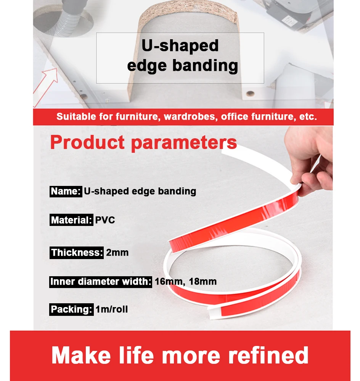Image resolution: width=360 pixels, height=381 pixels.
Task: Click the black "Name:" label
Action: [66, 192]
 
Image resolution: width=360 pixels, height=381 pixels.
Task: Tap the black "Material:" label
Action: [71, 220]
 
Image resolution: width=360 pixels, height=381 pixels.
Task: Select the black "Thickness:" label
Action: [76, 253]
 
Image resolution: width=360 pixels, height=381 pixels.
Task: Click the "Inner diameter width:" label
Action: [100, 282]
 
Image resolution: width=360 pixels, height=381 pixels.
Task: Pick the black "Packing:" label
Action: [71, 309]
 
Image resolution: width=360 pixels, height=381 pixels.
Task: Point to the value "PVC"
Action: [105, 220]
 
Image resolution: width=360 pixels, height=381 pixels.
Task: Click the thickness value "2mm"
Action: [117, 253]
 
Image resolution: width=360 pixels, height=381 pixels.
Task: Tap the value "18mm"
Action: [202, 282]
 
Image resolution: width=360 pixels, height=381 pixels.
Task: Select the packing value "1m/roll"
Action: [112, 309]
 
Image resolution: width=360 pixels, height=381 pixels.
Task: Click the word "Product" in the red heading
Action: [87, 142]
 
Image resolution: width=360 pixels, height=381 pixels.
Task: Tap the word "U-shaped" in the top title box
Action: [180, 46]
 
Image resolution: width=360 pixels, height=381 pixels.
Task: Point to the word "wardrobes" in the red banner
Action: [190, 117]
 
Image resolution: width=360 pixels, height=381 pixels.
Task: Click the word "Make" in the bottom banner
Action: [81, 355]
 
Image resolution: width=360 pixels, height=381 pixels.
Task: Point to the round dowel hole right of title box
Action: [250, 93]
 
